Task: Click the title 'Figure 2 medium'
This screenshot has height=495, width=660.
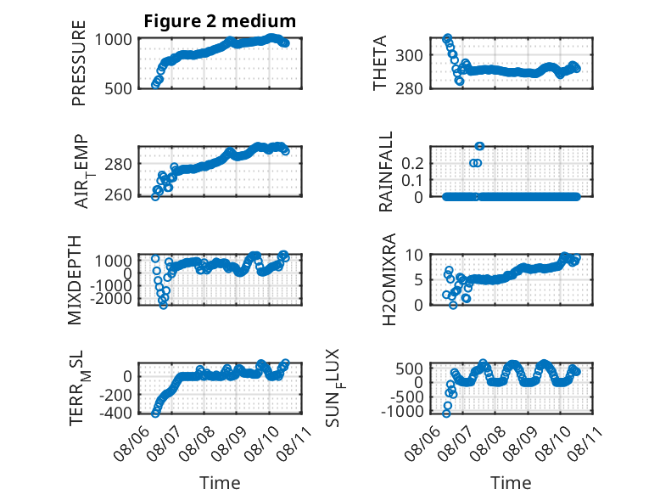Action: click(x=220, y=21)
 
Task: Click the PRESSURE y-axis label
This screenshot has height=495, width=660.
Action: click(x=79, y=63)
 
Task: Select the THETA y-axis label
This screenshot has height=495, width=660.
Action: click(x=380, y=63)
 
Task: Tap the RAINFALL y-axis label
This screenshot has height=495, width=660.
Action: click(x=385, y=172)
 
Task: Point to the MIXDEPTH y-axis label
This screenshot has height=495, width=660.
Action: click(x=75, y=280)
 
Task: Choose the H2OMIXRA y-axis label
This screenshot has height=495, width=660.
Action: click(x=389, y=279)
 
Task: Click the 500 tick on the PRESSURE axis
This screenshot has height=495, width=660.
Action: click(x=118, y=88)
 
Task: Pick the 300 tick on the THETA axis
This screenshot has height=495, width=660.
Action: click(x=409, y=55)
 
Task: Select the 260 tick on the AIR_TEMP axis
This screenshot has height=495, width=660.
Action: click(x=118, y=195)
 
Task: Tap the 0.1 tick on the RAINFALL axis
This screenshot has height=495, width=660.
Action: click(x=412, y=180)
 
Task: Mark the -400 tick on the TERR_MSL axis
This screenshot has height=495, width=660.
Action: click(x=115, y=413)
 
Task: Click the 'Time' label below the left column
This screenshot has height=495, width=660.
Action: click(x=220, y=483)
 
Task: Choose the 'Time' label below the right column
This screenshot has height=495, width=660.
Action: click(x=511, y=483)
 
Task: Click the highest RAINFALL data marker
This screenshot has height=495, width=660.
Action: click(x=479, y=146)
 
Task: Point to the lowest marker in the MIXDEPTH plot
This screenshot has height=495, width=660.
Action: click(x=164, y=305)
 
